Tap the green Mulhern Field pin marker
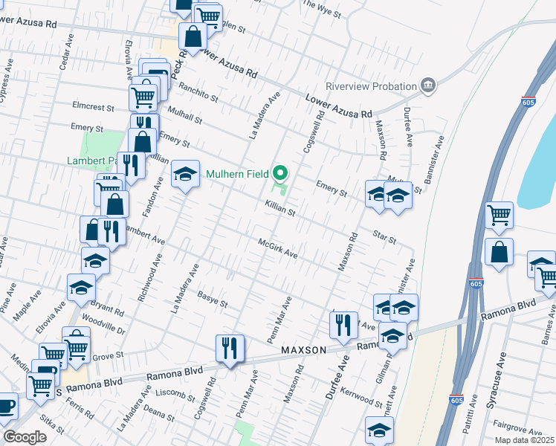coord(280,174)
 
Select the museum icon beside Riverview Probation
coord(427,85)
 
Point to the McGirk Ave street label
coord(277,249)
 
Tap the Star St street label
coord(384,236)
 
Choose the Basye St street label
coord(212,300)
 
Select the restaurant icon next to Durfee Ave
coord(343,324)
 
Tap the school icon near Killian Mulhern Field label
coord(186,175)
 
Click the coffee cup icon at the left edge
coord(6,406)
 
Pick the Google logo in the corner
coord(25,437)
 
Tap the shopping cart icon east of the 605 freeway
coord(499,215)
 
